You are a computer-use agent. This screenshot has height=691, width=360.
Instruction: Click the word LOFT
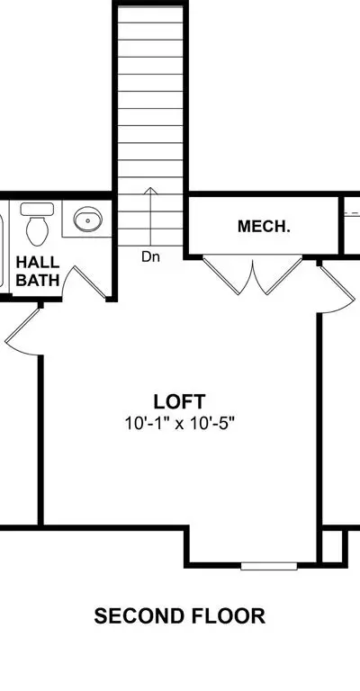click(x=179, y=401)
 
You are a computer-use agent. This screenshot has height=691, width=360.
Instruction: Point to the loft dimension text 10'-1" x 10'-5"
click(x=179, y=424)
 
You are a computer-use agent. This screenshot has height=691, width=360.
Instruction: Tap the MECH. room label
click(x=264, y=227)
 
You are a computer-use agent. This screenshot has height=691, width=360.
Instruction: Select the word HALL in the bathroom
click(x=38, y=262)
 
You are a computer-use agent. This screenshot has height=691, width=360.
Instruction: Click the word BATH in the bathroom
click(x=38, y=281)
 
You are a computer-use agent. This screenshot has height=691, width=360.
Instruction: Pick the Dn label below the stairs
click(x=150, y=257)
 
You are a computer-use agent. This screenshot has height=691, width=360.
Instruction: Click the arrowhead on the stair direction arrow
click(x=150, y=191)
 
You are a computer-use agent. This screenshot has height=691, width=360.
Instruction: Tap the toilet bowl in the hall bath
click(x=37, y=231)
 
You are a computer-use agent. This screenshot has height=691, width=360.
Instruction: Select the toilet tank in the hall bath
click(x=37, y=209)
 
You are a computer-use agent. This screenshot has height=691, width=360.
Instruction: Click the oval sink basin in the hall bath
click(x=87, y=219)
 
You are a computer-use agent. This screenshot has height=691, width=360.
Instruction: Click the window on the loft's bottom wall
click(x=269, y=565)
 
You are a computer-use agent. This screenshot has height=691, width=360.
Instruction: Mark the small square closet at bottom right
click(x=332, y=546)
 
